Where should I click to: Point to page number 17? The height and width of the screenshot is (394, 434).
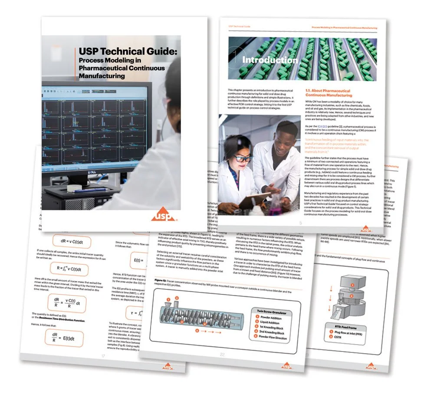point(104,357)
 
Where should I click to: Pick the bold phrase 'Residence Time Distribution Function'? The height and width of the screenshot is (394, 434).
point(66,320)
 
